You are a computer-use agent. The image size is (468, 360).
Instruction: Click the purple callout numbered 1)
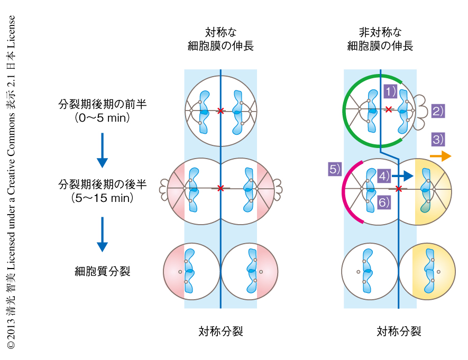pos(390,91)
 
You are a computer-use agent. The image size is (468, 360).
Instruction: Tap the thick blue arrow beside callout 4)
pos(403,176)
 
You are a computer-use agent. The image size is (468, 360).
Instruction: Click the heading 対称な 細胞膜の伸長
pos(221,39)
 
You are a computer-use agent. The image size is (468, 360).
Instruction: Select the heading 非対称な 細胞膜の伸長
pos(380,39)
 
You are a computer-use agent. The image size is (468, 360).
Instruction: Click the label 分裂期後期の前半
pos(102,105)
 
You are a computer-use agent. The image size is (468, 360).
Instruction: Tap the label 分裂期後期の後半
pos(102,185)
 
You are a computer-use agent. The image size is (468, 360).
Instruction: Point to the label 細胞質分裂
pos(102,272)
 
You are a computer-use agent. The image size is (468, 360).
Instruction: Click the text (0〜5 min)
pos(103,118)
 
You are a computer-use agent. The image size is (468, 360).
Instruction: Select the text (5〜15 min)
pos(103,199)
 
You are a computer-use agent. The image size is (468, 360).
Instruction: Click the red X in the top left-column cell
pos(221,110)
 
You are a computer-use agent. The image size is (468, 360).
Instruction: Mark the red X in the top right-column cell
pos(389,109)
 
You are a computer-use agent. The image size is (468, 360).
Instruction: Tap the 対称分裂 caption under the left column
pos(221,331)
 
